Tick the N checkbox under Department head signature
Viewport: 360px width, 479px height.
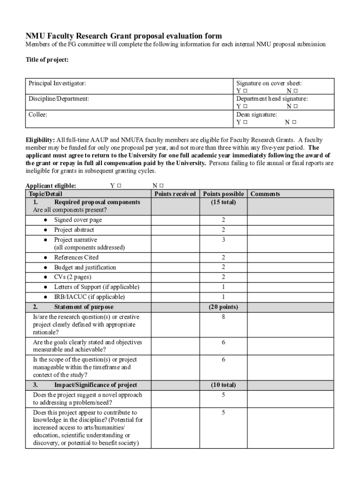(295, 107)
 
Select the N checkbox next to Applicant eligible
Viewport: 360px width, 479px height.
(162, 186)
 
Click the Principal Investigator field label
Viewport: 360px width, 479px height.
(57, 83)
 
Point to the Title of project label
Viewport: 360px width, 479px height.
(47, 60)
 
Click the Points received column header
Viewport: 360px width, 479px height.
(175, 194)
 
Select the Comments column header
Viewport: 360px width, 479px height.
(265, 194)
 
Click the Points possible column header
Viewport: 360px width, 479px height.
(223, 194)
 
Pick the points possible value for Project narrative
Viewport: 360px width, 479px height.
(223, 240)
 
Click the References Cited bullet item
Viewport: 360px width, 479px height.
(76, 258)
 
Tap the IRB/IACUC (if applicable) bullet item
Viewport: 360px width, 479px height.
(89, 297)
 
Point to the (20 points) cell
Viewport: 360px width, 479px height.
(223, 307)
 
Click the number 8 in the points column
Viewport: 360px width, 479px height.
(223, 317)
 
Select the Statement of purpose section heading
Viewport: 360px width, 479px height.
(84, 307)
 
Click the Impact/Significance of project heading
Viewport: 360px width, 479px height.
(95, 385)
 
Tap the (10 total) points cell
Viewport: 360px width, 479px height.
(223, 385)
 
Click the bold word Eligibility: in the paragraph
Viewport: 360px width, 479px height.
(40, 140)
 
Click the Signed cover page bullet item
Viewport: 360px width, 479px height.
(78, 220)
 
